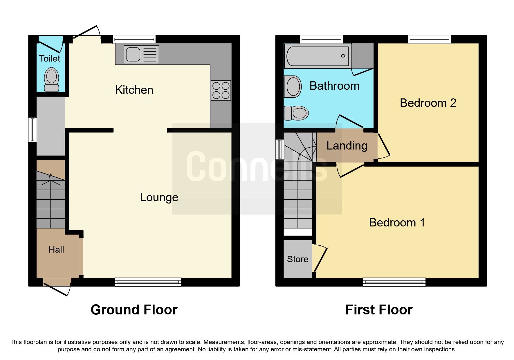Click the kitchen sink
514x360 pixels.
141,55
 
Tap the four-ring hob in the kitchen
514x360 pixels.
221,90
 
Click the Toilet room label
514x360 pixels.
50,59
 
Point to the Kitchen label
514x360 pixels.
134,90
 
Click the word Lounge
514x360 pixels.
159,197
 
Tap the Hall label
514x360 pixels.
56,250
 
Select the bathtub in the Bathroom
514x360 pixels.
318,56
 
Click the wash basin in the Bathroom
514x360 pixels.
293,87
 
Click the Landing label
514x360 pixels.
347,146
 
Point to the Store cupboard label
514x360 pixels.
297,259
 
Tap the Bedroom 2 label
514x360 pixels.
428,103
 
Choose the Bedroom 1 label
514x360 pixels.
397,223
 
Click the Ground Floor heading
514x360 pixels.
134,310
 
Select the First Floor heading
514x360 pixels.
378,310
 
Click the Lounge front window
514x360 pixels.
148,282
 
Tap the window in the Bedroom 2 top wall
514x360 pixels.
429,39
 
